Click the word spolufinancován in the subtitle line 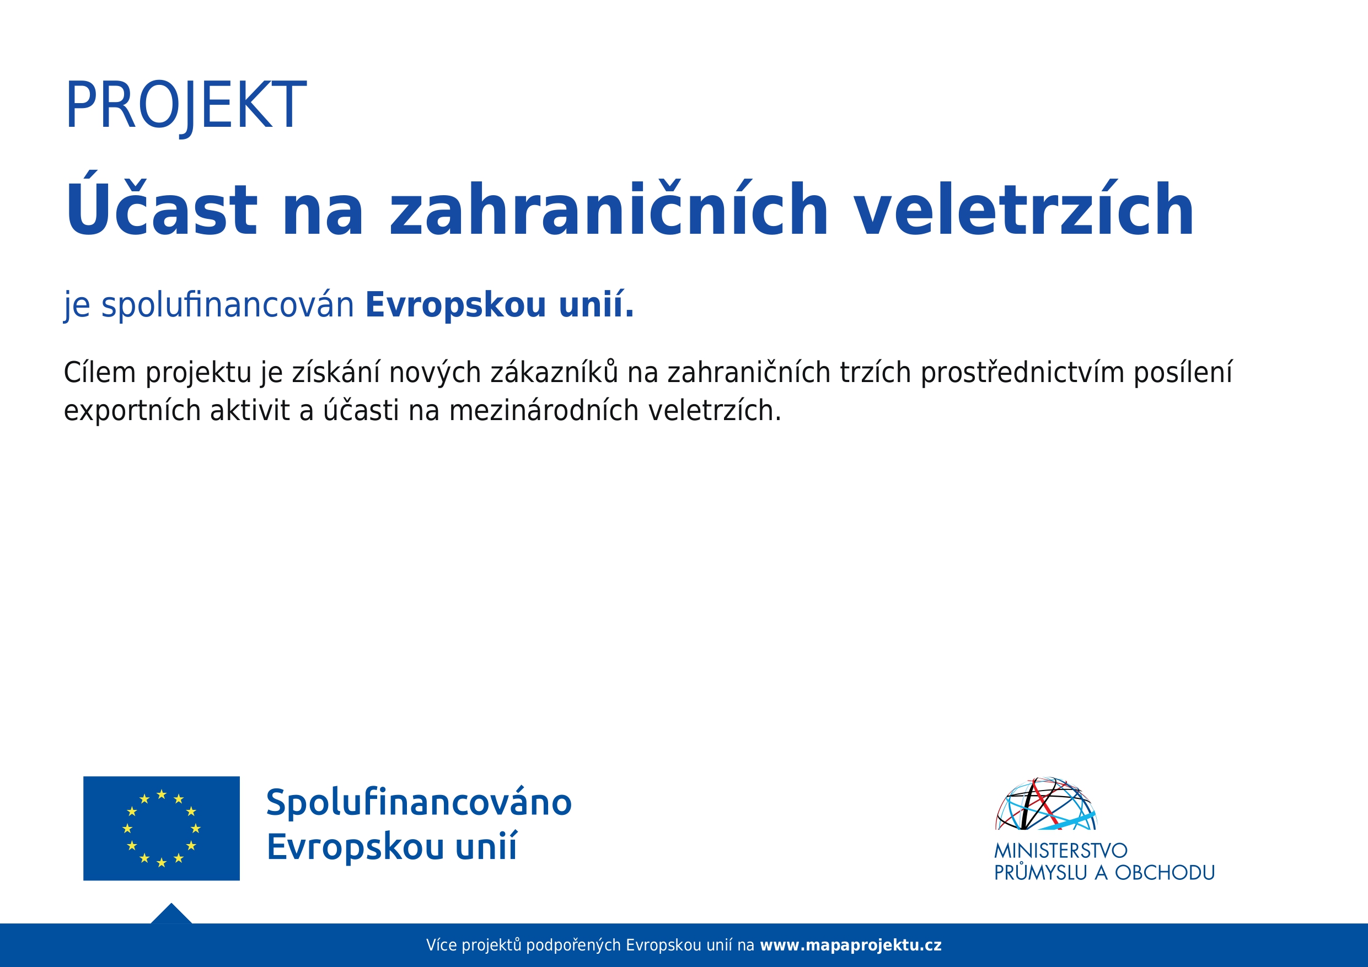(228, 305)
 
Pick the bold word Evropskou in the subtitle (456, 305)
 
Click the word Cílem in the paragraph (100, 372)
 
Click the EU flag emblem (162, 828)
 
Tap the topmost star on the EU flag (162, 794)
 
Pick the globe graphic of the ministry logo (1045, 804)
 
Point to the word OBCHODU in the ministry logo (1164, 873)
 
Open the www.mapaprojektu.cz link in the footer (851, 945)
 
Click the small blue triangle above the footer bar (171, 915)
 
